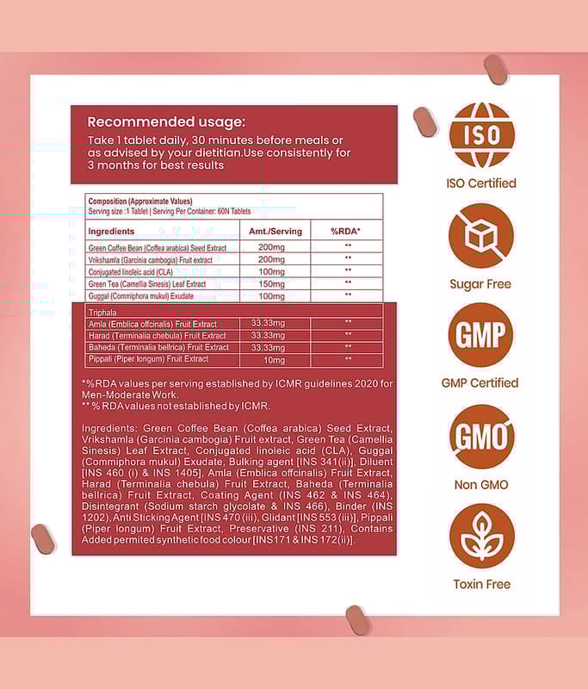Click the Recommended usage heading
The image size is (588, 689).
pyautogui.click(x=166, y=122)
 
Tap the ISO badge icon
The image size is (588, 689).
pyautogui.click(x=481, y=135)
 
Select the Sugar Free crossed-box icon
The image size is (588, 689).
pyautogui.click(x=481, y=235)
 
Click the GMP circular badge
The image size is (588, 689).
pyautogui.click(x=481, y=335)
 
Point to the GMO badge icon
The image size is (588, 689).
pyautogui.click(x=481, y=437)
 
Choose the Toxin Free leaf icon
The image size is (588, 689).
pyautogui.click(x=481, y=536)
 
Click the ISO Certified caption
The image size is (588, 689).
pyautogui.click(x=481, y=183)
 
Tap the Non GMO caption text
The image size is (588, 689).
pyautogui.click(x=481, y=485)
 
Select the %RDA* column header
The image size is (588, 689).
pyautogui.click(x=346, y=232)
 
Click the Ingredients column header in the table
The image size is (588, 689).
pyautogui.click(x=112, y=232)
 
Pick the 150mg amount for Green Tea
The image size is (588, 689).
pyautogui.click(x=271, y=283)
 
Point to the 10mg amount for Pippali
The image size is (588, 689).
pyautogui.click(x=274, y=359)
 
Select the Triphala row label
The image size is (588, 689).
pyautogui.click(x=102, y=312)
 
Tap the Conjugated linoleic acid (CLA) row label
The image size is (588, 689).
pyautogui.click(x=131, y=271)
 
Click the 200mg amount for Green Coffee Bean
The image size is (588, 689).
pyautogui.click(x=271, y=247)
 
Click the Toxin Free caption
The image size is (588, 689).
pyautogui.click(x=481, y=584)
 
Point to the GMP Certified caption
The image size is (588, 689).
pyautogui.click(x=481, y=383)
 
